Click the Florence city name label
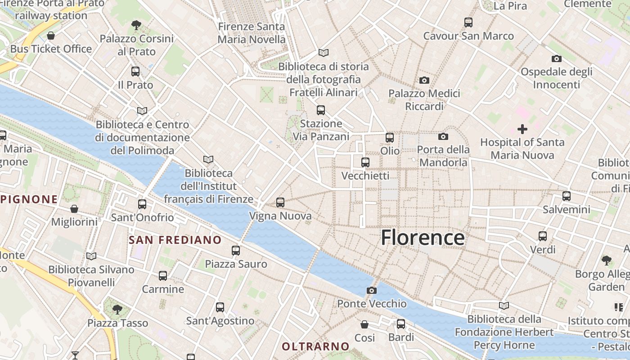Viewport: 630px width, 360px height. [x=423, y=238]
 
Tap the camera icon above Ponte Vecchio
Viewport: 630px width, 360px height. [x=371, y=290]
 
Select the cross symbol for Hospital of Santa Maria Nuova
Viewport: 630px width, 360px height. [x=522, y=130]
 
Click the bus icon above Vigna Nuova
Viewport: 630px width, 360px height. [x=280, y=202]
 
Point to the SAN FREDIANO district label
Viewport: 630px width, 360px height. [x=175, y=240]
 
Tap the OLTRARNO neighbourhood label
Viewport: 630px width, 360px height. [x=315, y=346]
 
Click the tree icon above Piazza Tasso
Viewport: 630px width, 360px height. [x=117, y=309]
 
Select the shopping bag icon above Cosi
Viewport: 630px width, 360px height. [x=364, y=324]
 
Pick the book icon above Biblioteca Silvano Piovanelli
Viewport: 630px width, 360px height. [x=91, y=256]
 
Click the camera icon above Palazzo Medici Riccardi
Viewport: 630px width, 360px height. [x=424, y=81]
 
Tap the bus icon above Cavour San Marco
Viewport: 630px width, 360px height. [x=468, y=22]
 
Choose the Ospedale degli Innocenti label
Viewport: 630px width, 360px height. [x=556, y=78]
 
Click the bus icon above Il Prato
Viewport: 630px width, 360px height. [x=135, y=71]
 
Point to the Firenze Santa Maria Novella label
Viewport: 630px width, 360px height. [x=252, y=33]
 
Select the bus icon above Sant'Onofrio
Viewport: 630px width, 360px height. [x=142, y=204]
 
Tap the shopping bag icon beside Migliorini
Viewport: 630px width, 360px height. [x=74, y=209]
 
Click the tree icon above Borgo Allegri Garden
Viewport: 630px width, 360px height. [x=607, y=260]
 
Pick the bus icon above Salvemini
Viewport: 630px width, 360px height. [x=567, y=196]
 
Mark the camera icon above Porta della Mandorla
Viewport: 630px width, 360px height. [x=443, y=136]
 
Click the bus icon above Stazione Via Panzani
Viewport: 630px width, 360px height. [x=321, y=110]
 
